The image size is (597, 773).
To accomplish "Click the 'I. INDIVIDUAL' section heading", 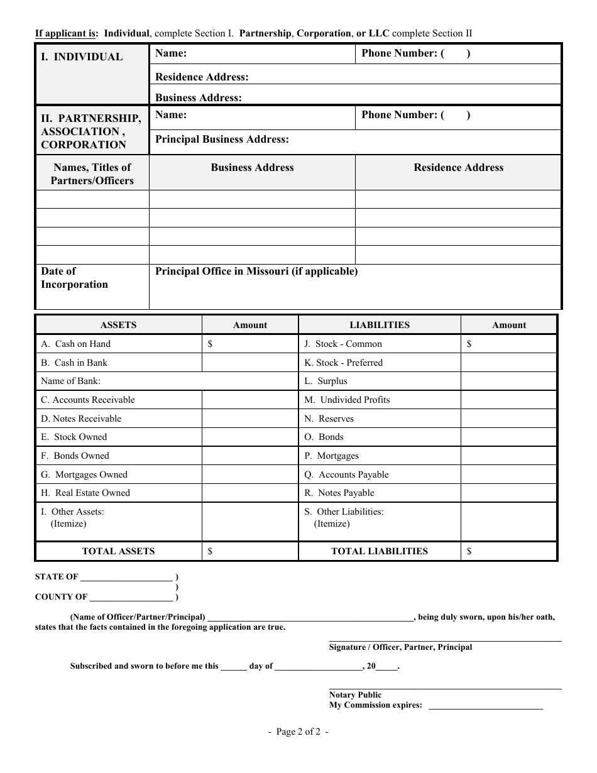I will [x=82, y=57].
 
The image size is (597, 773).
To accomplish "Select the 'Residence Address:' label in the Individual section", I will [x=202, y=77].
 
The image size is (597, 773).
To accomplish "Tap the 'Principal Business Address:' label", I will [x=222, y=140].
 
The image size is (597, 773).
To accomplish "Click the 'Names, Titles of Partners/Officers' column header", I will [x=92, y=174].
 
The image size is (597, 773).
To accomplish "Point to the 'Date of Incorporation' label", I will [x=74, y=278].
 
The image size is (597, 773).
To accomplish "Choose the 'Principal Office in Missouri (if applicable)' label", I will [x=256, y=271].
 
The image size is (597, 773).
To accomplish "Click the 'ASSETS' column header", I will [x=118, y=325].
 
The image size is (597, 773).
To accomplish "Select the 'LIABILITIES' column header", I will [x=379, y=325].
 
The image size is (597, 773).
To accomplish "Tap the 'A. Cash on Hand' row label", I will [x=75, y=344].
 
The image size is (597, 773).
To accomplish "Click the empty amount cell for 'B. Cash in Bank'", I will [x=249, y=363].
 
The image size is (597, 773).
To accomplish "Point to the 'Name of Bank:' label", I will [x=70, y=381].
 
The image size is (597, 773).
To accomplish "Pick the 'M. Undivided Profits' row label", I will [x=348, y=400].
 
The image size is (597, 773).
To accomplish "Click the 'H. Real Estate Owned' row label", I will [x=85, y=493].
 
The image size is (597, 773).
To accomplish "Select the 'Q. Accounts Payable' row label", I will [x=347, y=474].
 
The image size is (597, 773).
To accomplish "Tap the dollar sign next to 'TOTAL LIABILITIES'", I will [x=469, y=551].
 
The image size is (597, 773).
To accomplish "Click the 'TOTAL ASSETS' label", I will [x=118, y=551].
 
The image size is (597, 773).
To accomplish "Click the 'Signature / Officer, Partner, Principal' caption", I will [x=400, y=647].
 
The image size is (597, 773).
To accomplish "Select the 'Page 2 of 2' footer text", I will [x=298, y=732].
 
